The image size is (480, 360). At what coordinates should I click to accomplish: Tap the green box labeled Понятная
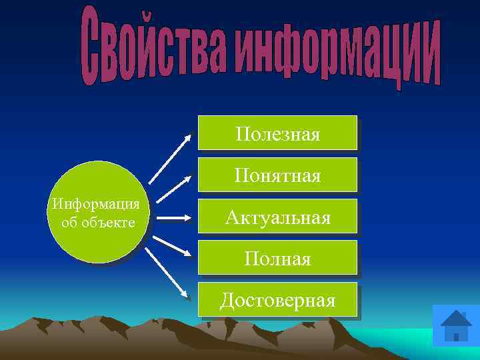[x=277, y=175]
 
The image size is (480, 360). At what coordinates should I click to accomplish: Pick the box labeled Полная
[x=277, y=257]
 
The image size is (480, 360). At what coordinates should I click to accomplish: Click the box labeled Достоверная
[x=277, y=299]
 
